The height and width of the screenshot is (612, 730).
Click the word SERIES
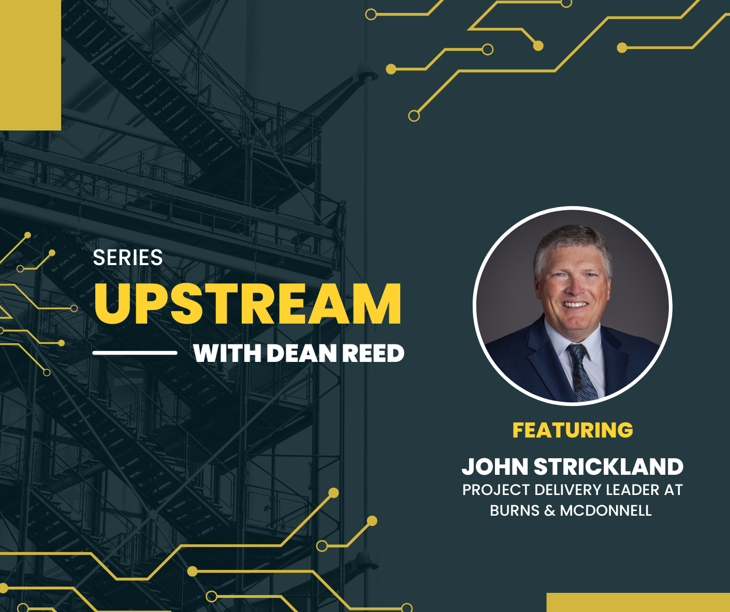click(x=127, y=258)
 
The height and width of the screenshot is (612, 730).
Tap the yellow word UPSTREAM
click(x=247, y=304)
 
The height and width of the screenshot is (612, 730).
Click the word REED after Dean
click(x=373, y=353)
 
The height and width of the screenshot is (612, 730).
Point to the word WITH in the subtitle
click(x=227, y=353)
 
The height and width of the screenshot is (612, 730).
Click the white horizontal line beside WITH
click(x=135, y=353)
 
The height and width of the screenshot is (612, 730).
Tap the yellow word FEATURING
click(x=573, y=430)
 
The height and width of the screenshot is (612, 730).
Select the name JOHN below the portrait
click(x=495, y=467)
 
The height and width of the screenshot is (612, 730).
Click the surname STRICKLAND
click(x=609, y=467)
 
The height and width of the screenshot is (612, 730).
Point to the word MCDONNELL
click(x=606, y=511)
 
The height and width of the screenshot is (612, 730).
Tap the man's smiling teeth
click(x=575, y=304)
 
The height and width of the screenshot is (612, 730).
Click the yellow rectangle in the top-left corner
click(x=31, y=65)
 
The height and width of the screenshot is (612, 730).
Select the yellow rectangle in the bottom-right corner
click(x=638, y=602)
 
